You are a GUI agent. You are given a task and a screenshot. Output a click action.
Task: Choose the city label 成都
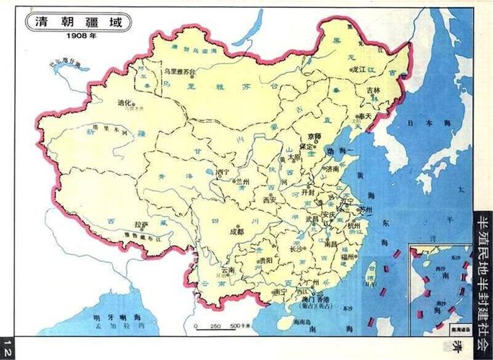point(236,232)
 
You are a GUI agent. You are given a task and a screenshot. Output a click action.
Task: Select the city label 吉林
point(372,91)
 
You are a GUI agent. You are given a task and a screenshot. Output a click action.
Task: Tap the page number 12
point(6,344)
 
